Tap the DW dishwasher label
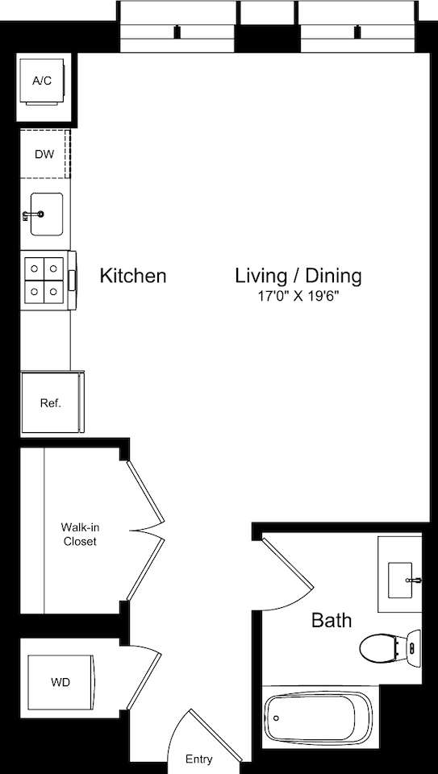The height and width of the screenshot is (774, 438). click(44, 154)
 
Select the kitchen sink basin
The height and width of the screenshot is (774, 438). click(48, 214)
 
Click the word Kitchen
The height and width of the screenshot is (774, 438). click(133, 276)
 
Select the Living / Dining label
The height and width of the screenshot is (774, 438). click(298, 276)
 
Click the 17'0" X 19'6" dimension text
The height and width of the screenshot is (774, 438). click(298, 297)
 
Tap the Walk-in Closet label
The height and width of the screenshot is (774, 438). click(80, 535)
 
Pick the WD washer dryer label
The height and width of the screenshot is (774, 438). click(60, 682)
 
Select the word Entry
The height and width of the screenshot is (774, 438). click(199, 759)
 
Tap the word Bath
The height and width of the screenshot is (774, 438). click(332, 620)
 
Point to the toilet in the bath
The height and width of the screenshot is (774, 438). click(384, 647)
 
